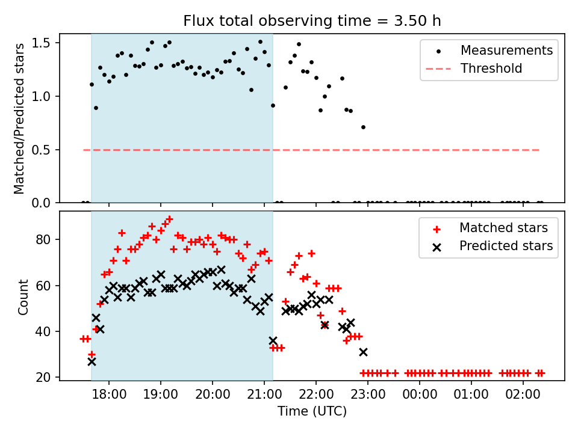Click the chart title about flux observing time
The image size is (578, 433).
point(312,21)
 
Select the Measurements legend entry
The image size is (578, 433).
point(506,51)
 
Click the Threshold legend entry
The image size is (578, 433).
point(491,69)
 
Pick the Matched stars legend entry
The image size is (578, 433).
point(503,228)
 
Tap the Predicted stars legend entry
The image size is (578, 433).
point(506,246)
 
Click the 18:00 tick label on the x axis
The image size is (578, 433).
point(109,396)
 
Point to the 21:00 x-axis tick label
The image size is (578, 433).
point(264,396)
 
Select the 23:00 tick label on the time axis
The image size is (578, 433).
point(368,396)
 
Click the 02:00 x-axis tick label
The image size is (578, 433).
point(523,396)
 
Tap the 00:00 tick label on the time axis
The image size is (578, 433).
point(420,396)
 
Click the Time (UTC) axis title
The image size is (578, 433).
point(312,412)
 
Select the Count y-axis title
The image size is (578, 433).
point(23,296)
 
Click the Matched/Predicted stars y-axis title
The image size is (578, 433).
point(20,118)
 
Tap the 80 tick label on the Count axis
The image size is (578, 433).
point(48,239)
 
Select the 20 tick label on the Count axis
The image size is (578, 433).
point(48,378)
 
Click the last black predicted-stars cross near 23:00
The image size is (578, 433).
point(363,352)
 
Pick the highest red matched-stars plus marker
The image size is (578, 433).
point(169,220)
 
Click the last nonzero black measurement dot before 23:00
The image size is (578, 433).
point(363,127)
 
